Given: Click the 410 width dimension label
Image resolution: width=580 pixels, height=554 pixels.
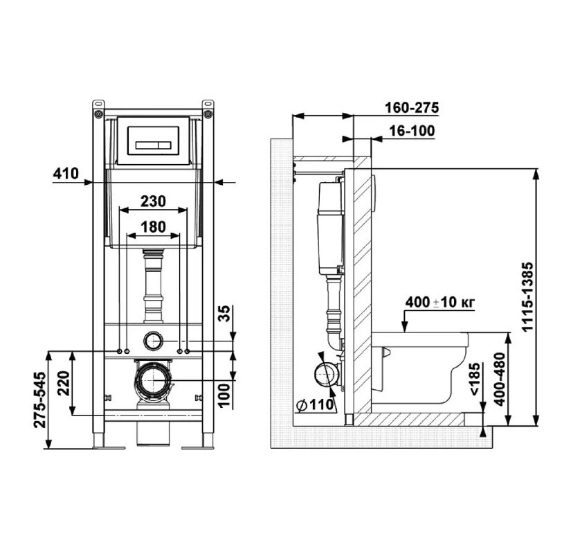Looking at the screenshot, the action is pos(66,173).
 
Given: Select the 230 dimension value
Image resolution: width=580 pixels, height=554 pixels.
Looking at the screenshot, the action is pos(153,202).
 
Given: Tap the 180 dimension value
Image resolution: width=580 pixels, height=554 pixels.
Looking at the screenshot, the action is pos(153,227).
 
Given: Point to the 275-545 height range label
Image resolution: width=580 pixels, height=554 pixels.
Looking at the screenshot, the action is pos(40,400).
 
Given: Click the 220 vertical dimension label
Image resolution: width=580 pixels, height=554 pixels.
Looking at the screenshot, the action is pos(63,384).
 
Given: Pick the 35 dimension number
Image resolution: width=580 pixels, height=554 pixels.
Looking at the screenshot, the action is pos(224,314).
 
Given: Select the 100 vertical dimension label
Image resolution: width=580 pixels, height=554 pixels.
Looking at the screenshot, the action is pos(224,395).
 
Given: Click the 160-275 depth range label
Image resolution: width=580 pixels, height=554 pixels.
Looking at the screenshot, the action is pos(412,108).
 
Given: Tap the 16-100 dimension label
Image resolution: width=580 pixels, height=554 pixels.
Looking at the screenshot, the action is pos(412,131).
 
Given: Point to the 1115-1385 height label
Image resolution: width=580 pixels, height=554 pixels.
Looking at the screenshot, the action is pos(527,297).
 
